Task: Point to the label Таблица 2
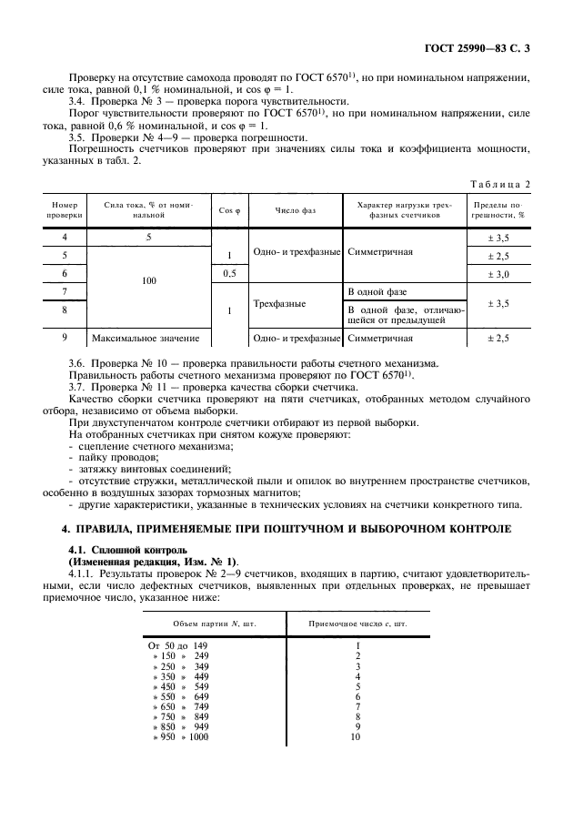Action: (x=499, y=184)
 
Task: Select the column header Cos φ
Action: (x=229, y=210)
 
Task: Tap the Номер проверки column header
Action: (x=65, y=210)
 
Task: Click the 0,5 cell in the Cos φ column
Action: (x=229, y=273)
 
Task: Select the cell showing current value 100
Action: (x=149, y=282)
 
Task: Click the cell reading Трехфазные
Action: (x=279, y=302)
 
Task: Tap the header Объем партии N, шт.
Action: (x=213, y=623)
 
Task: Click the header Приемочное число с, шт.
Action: (x=357, y=623)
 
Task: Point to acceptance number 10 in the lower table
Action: (x=356, y=736)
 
